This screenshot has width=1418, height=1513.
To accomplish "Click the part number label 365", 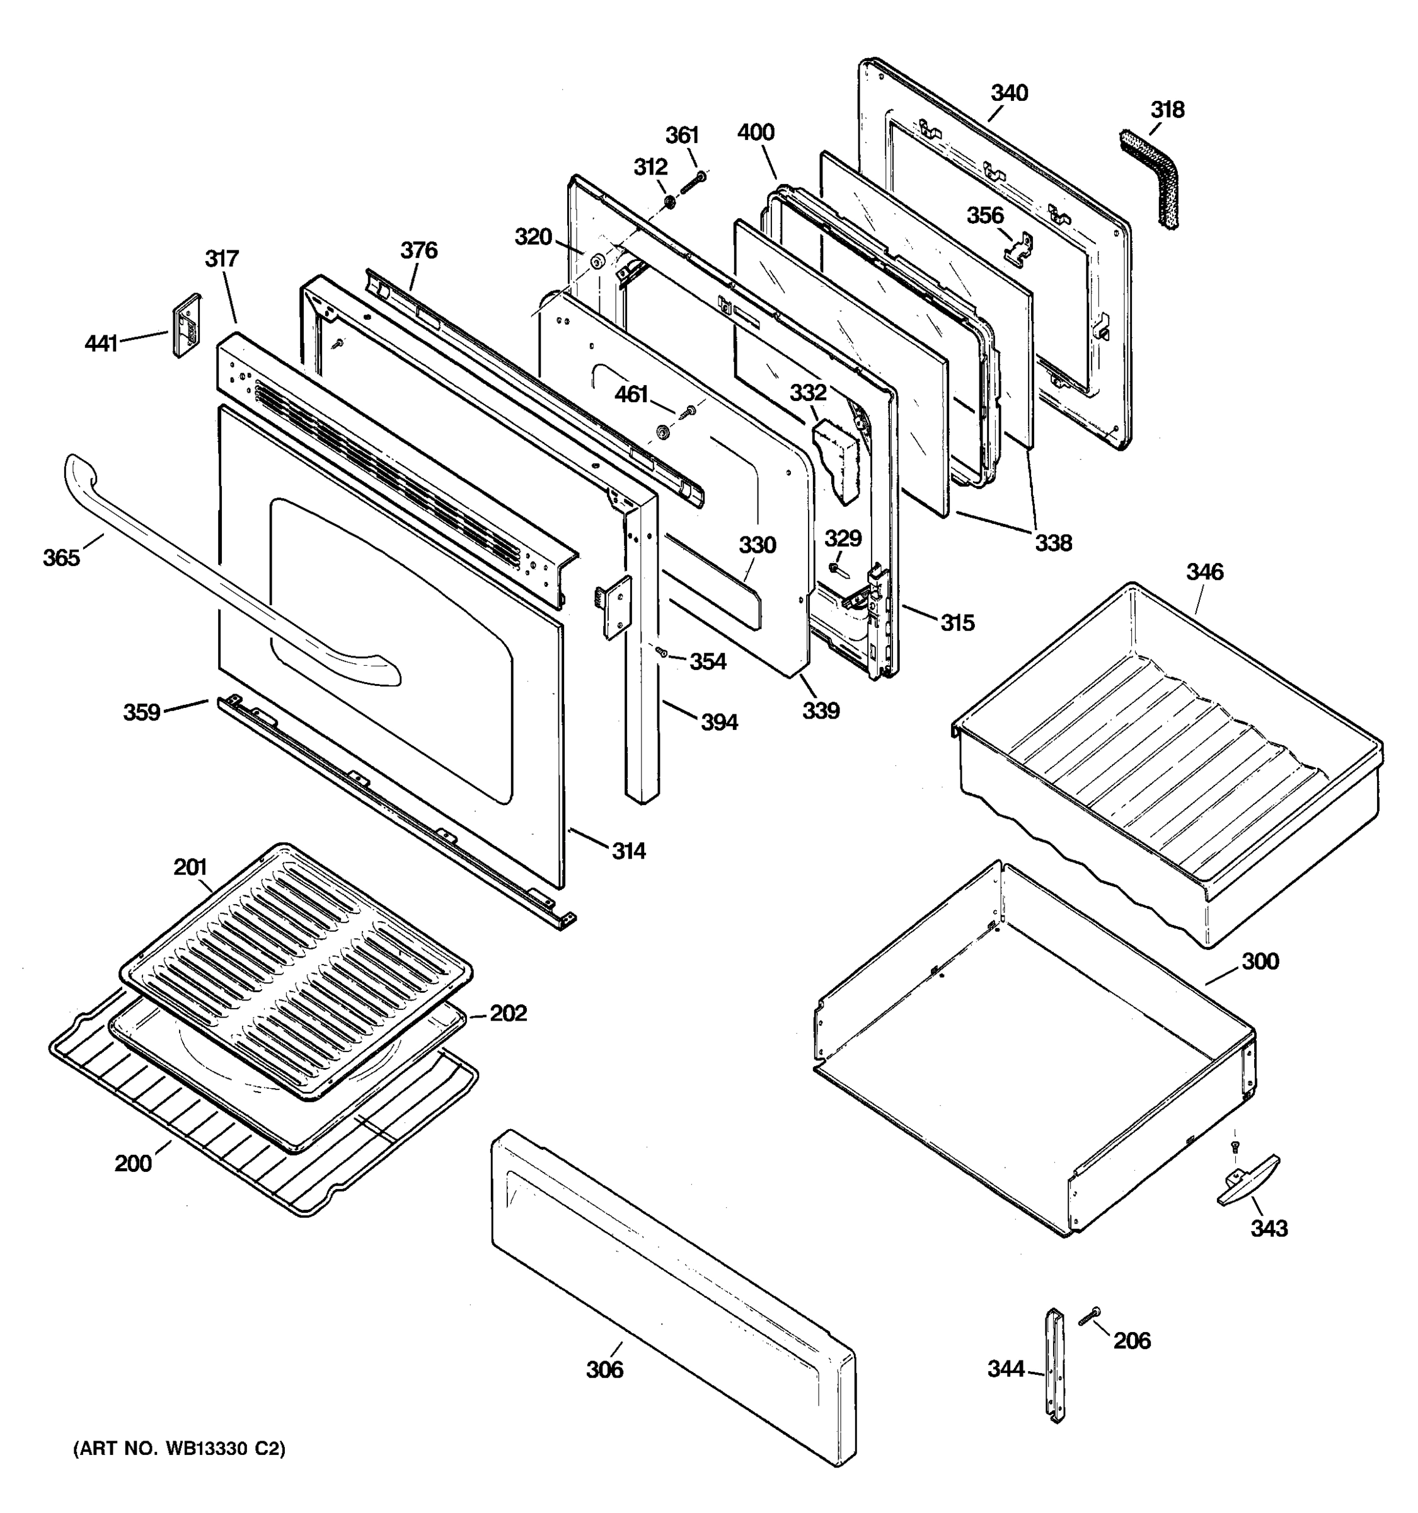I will coord(61,558).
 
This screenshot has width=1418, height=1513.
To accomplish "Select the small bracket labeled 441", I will coord(187,326).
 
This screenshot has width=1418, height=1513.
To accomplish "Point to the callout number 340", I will coord(1009,93).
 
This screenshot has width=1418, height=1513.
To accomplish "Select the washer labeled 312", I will coord(669,202).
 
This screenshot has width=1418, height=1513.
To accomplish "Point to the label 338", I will coord(1053,543).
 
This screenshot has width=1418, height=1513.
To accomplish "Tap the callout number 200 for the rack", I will coord(133,1164).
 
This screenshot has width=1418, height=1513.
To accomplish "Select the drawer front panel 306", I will coord(669,1294).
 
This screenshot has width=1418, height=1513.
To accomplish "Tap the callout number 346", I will coord(1204,572).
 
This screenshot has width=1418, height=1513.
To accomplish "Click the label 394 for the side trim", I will coord(719,722).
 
